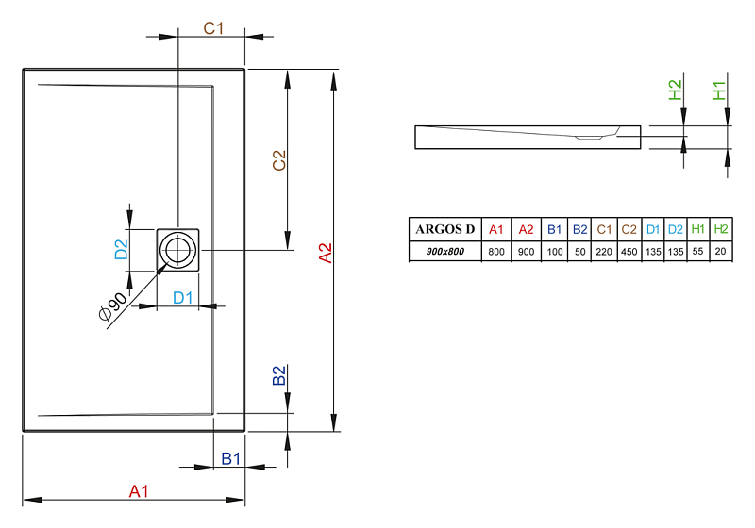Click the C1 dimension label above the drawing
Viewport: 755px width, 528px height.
(213, 28)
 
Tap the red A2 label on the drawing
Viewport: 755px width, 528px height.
(326, 253)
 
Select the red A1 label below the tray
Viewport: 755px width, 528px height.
(139, 491)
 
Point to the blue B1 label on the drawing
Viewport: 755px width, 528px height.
(230, 459)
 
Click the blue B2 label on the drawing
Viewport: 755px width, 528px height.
(279, 375)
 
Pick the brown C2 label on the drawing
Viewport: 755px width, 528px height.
(279, 160)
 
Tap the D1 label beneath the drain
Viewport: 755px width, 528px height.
(182, 298)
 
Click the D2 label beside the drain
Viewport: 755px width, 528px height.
(122, 250)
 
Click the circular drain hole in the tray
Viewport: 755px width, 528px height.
(177, 250)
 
